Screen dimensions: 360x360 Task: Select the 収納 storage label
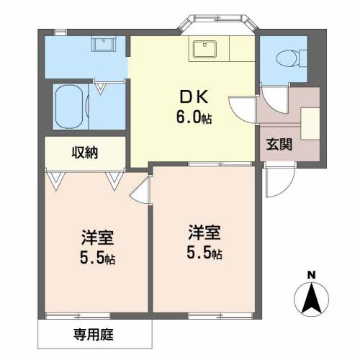(x=84, y=152)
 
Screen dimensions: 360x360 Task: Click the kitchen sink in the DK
(x=205, y=49)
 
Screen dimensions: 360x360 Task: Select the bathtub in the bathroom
(x=68, y=106)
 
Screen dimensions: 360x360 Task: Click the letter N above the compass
(x=311, y=274)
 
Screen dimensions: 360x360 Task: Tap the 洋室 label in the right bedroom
(x=204, y=232)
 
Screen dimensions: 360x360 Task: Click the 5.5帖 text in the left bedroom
(x=96, y=257)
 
